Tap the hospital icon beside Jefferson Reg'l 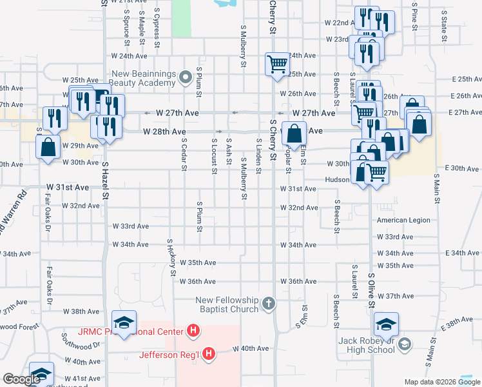point(209,353)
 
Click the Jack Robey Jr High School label point(367,345)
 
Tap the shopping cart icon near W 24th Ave point(277,64)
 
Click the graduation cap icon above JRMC point(124,322)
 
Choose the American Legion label point(403,221)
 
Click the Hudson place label point(337,180)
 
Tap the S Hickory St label point(171,256)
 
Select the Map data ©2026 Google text point(441,382)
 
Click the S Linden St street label point(259,156)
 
